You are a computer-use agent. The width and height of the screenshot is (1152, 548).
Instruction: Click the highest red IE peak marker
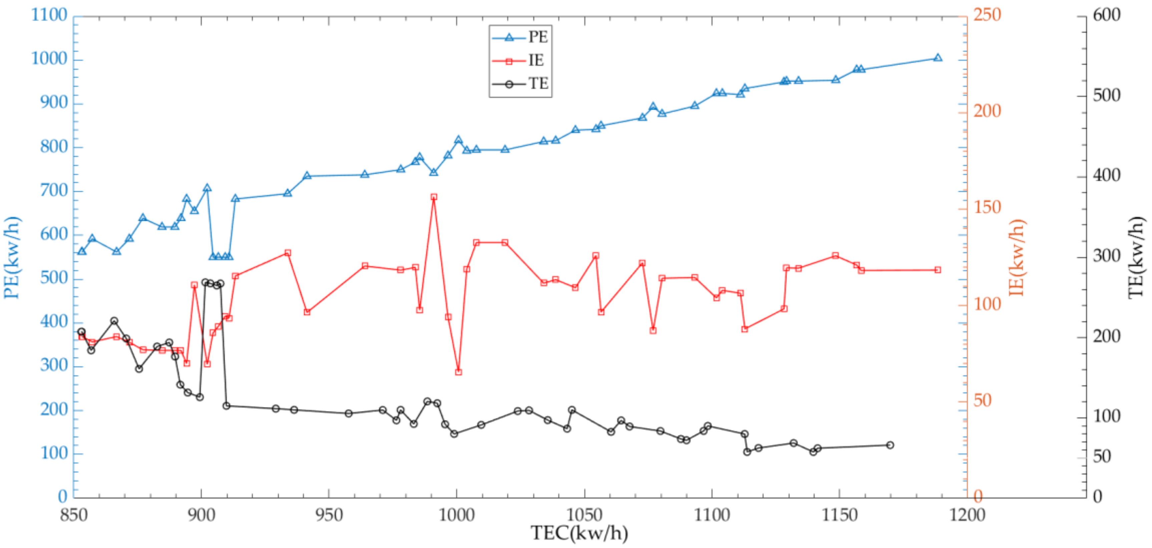(433, 197)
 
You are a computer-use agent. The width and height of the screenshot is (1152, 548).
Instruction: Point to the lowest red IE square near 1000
(458, 372)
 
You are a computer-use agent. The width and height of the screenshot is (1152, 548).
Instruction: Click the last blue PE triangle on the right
(937, 58)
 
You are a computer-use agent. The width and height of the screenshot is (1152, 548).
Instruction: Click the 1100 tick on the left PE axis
(49, 15)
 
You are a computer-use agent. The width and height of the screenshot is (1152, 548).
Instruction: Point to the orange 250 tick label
(987, 15)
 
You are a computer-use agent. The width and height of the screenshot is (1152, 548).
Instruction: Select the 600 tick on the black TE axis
(1106, 15)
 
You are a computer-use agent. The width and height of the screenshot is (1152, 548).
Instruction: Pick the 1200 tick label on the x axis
(967, 515)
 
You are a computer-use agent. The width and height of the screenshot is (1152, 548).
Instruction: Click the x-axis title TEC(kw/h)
(579, 533)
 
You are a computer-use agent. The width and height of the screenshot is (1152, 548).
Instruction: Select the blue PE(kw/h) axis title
(12, 257)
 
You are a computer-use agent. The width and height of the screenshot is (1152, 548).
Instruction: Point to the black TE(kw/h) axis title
(1136, 257)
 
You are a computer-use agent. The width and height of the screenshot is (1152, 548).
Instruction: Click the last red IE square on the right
(937, 270)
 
